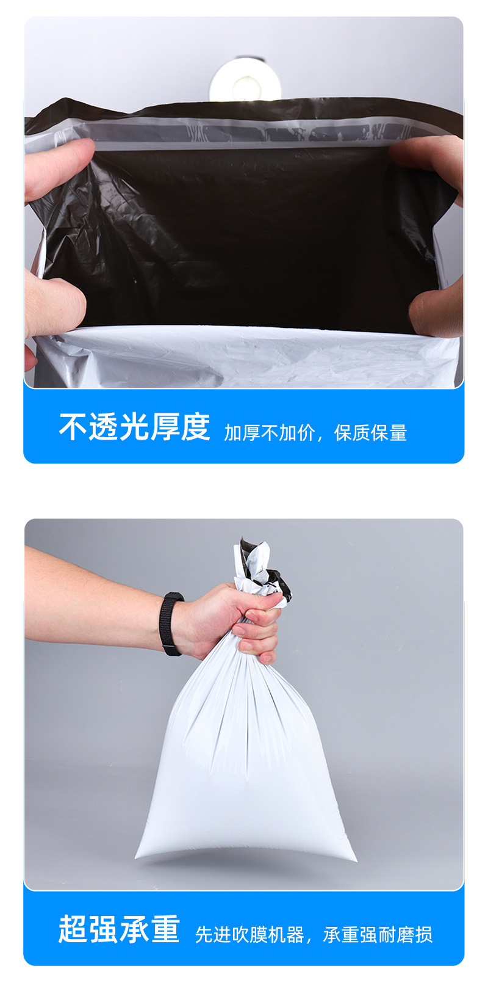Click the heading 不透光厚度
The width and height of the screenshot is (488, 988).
coord(134,427)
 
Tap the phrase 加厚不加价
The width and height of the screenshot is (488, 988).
coord(270,433)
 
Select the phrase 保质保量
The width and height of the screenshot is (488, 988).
coord(370,433)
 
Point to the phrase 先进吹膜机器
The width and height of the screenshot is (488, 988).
coord(249,935)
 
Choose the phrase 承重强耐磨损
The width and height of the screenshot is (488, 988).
coord(378,935)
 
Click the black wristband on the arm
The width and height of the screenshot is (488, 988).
coord(171,623)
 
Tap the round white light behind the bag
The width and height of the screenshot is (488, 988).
coord(245,80)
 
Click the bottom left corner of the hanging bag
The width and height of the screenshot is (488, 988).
coord(135,857)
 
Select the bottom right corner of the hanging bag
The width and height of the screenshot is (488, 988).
coord(356,860)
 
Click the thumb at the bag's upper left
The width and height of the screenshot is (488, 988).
coord(59,165)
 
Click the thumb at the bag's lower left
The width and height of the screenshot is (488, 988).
coord(55,304)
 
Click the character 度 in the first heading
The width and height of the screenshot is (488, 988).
coord(195,427)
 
